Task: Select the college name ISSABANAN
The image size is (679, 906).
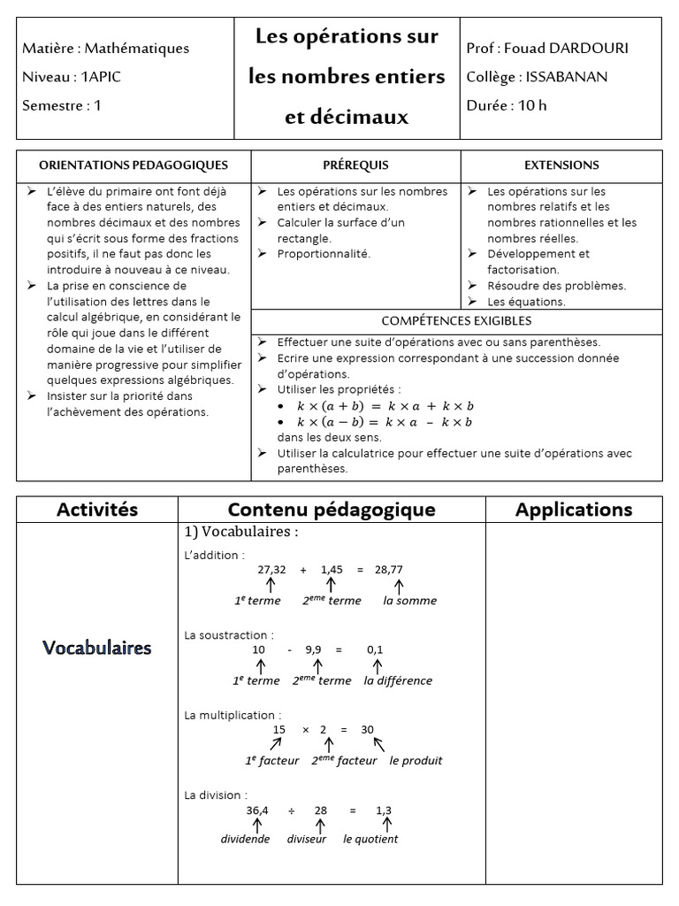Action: pyautogui.click(x=567, y=77)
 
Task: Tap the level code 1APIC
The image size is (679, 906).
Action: pyautogui.click(x=101, y=77)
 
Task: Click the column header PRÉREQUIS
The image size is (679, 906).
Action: pyautogui.click(x=355, y=165)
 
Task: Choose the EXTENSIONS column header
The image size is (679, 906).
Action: pyautogui.click(x=561, y=165)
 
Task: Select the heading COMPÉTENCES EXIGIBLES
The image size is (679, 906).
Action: pyautogui.click(x=456, y=321)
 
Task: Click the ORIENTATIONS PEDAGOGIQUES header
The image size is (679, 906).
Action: pyautogui.click(x=134, y=165)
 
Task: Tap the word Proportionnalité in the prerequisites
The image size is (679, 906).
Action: pyautogui.click(x=324, y=254)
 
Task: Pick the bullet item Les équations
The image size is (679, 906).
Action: pyautogui.click(x=526, y=302)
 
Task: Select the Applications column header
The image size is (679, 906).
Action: pyautogui.click(x=574, y=510)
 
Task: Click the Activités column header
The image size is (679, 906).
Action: pyautogui.click(x=97, y=510)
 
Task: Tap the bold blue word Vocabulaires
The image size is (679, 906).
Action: pyautogui.click(x=97, y=649)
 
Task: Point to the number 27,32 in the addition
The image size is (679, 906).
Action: pyautogui.click(x=271, y=570)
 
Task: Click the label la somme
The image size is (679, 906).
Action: pyautogui.click(x=409, y=601)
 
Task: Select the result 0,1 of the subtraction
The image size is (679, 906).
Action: pyautogui.click(x=375, y=649)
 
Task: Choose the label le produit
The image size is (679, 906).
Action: pyautogui.click(x=416, y=761)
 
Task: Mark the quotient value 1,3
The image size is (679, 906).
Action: pyautogui.click(x=384, y=810)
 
